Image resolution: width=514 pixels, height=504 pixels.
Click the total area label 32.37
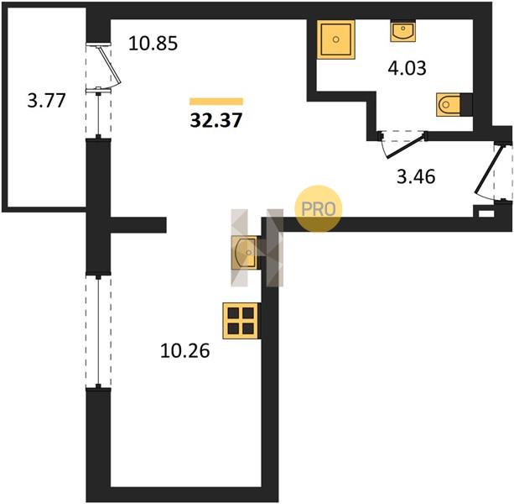click(216, 120)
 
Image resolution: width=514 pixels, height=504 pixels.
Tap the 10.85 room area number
click(153, 44)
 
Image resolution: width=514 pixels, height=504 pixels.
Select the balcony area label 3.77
click(47, 101)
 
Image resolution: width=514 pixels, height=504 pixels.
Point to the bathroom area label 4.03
click(408, 68)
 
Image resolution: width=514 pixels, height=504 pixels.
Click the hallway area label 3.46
click(416, 176)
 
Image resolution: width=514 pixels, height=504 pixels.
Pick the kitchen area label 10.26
click(184, 350)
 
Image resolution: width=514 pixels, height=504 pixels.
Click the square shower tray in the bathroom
click(336, 39)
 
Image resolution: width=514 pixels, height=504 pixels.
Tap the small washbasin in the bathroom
click(402, 32)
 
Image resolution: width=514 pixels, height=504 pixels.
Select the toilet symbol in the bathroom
click(448, 105)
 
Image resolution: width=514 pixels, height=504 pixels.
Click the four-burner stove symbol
click(241, 321)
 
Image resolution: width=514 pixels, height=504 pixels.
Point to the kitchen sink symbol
click(244, 253)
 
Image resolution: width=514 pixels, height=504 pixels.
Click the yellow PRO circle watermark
click(319, 209)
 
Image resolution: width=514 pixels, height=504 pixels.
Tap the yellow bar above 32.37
click(216, 102)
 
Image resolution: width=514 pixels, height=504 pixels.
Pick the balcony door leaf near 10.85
click(110, 66)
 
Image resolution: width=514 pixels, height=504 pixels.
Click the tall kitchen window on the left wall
click(98, 331)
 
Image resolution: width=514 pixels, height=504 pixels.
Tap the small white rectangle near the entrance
click(486, 213)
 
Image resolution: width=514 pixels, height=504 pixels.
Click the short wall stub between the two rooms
click(138, 225)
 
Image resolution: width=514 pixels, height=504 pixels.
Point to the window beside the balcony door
click(98, 113)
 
